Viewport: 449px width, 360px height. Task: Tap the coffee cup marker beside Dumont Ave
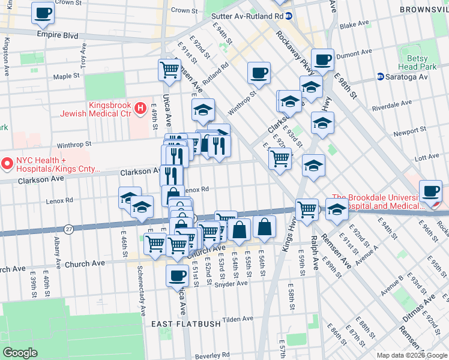(x=322, y=59)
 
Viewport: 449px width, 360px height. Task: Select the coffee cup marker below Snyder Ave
(x=177, y=275)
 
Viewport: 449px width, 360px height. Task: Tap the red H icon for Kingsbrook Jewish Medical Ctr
(x=140, y=108)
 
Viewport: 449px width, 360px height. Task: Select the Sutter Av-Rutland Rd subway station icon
(x=289, y=16)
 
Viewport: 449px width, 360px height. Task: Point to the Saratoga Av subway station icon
(x=380, y=77)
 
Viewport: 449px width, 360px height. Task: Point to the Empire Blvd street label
(x=57, y=35)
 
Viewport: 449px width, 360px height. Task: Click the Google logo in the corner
(x=20, y=353)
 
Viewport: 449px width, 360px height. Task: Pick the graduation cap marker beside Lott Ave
(x=313, y=166)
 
